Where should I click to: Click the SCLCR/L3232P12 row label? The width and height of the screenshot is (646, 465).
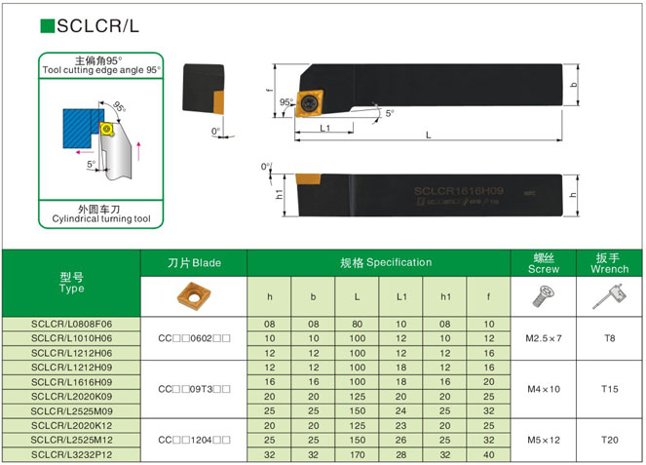(x=71, y=454)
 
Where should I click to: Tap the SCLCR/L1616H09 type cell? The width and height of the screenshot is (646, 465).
(x=71, y=382)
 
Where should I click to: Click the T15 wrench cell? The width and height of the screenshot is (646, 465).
(x=610, y=389)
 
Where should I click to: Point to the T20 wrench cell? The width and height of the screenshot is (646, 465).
(x=610, y=440)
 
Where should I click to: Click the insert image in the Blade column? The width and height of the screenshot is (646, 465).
(x=194, y=295)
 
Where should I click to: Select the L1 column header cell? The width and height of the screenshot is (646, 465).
(x=400, y=296)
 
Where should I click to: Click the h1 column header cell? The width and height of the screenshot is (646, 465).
(x=445, y=296)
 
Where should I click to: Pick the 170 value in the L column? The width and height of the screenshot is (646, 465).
(x=357, y=454)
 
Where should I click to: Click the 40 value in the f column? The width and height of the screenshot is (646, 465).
(x=489, y=454)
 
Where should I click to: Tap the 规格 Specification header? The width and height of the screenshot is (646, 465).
(x=378, y=262)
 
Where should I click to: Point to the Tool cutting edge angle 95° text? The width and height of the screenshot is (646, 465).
(x=100, y=70)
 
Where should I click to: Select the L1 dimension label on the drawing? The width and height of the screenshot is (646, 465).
(x=324, y=129)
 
